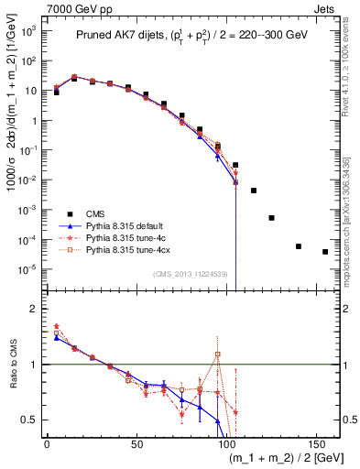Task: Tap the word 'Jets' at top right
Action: point(338,7)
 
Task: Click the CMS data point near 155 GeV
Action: point(325,252)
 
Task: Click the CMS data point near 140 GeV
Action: point(299,246)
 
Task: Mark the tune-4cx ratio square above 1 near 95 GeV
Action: point(218,354)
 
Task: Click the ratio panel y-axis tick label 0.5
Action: point(29,420)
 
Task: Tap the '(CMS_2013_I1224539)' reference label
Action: point(190,273)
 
